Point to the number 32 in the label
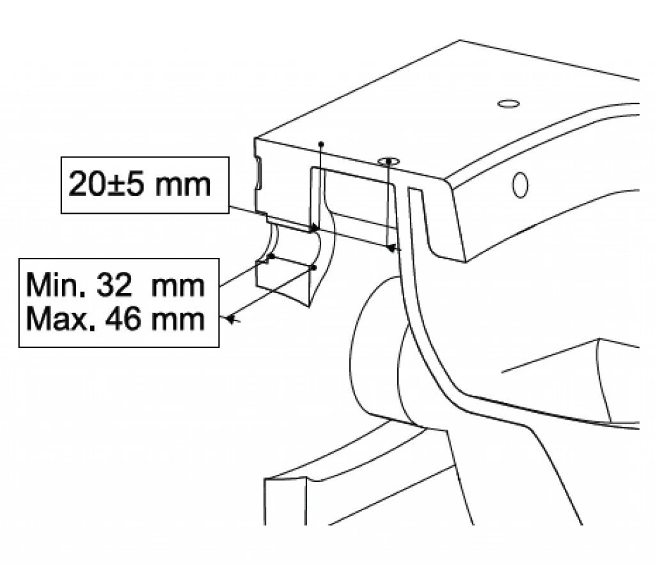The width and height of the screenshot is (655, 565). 115,286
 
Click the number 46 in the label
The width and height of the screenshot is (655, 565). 123,320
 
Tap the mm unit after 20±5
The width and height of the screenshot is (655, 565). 182,186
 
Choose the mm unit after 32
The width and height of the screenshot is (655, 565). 178,287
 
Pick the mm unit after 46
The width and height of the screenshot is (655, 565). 178,321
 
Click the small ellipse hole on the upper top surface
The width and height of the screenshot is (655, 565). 509,103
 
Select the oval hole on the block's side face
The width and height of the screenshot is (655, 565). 520,185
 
